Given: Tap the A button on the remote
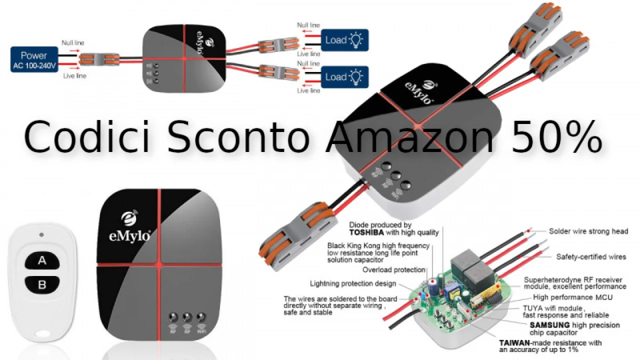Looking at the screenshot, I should coord(42,260).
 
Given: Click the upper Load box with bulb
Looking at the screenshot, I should coord(344,40).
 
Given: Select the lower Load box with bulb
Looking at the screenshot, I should coord(344,77).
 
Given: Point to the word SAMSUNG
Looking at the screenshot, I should coord(549,325).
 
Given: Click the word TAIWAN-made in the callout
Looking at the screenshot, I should coord(520,343).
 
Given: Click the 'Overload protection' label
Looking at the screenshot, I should coord(394,270).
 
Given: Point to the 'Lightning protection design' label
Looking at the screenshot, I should coord(353,283).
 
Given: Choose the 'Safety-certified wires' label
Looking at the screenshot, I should coord(591,256).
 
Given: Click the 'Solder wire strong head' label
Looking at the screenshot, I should coord(588,231).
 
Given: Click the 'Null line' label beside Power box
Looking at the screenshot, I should coord(72,43).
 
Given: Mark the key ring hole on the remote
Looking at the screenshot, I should coord(42,333).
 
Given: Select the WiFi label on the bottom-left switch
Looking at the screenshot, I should coord(201,331).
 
